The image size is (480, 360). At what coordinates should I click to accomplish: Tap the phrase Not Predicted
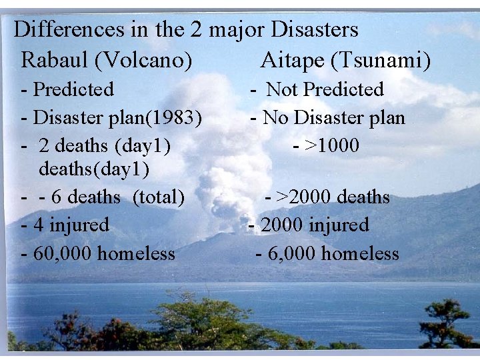point(325,89)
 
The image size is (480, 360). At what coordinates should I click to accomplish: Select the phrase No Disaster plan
point(334,118)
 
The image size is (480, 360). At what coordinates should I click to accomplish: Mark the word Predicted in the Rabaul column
point(73,89)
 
